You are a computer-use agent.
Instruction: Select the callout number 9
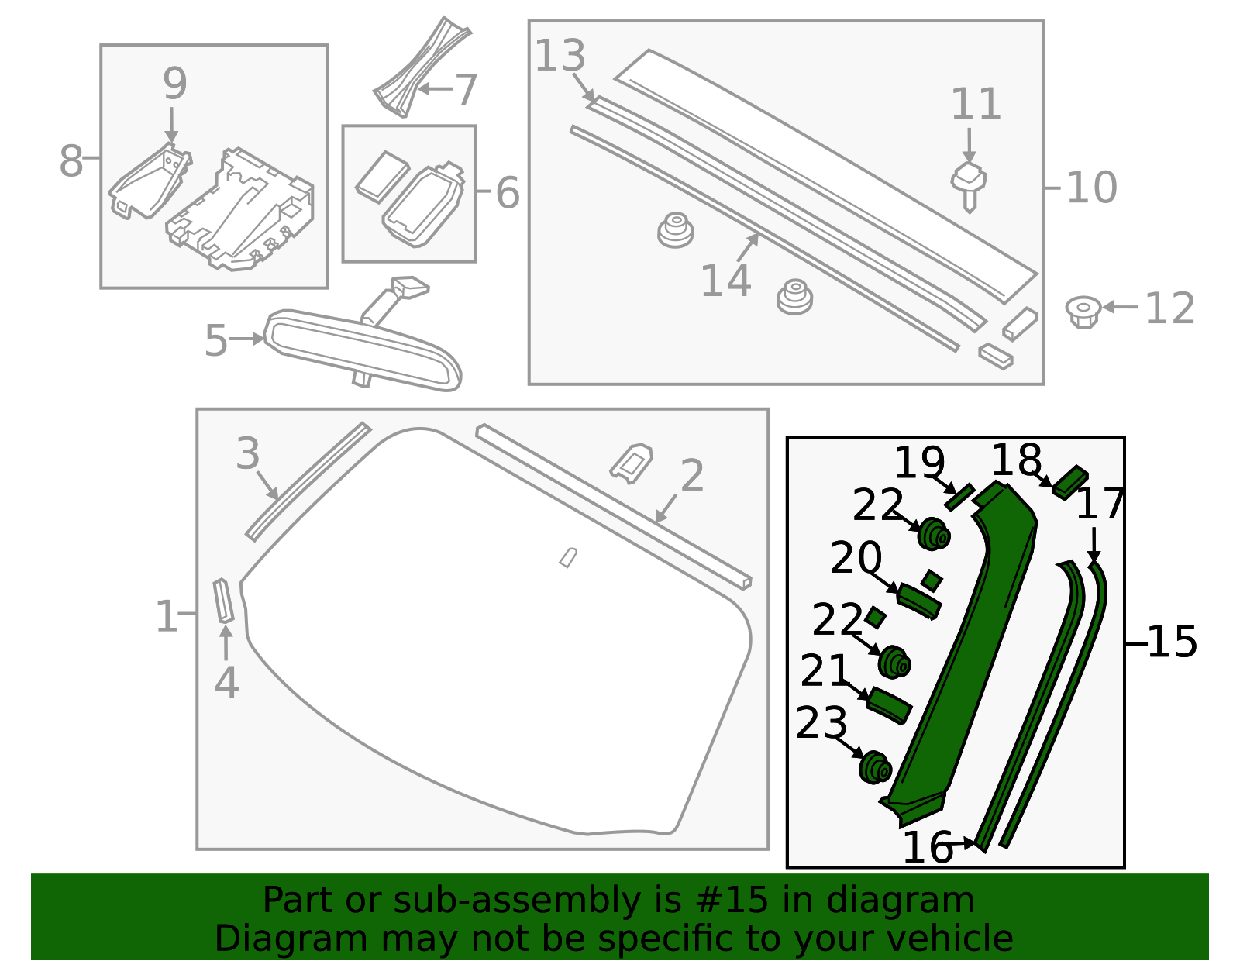(174, 84)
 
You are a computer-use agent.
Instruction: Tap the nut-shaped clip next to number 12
(1083, 311)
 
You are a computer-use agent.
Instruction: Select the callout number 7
(466, 90)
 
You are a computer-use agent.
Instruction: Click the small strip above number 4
(224, 601)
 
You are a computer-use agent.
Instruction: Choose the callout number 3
(248, 453)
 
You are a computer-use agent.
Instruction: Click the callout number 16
(927, 847)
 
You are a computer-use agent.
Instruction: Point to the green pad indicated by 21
(889, 704)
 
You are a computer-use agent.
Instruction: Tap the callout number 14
(725, 281)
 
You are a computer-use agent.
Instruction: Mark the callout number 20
(856, 557)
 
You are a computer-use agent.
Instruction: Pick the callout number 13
(560, 56)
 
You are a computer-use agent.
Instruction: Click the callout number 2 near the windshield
(691, 475)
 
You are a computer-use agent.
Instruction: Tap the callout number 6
(508, 192)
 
